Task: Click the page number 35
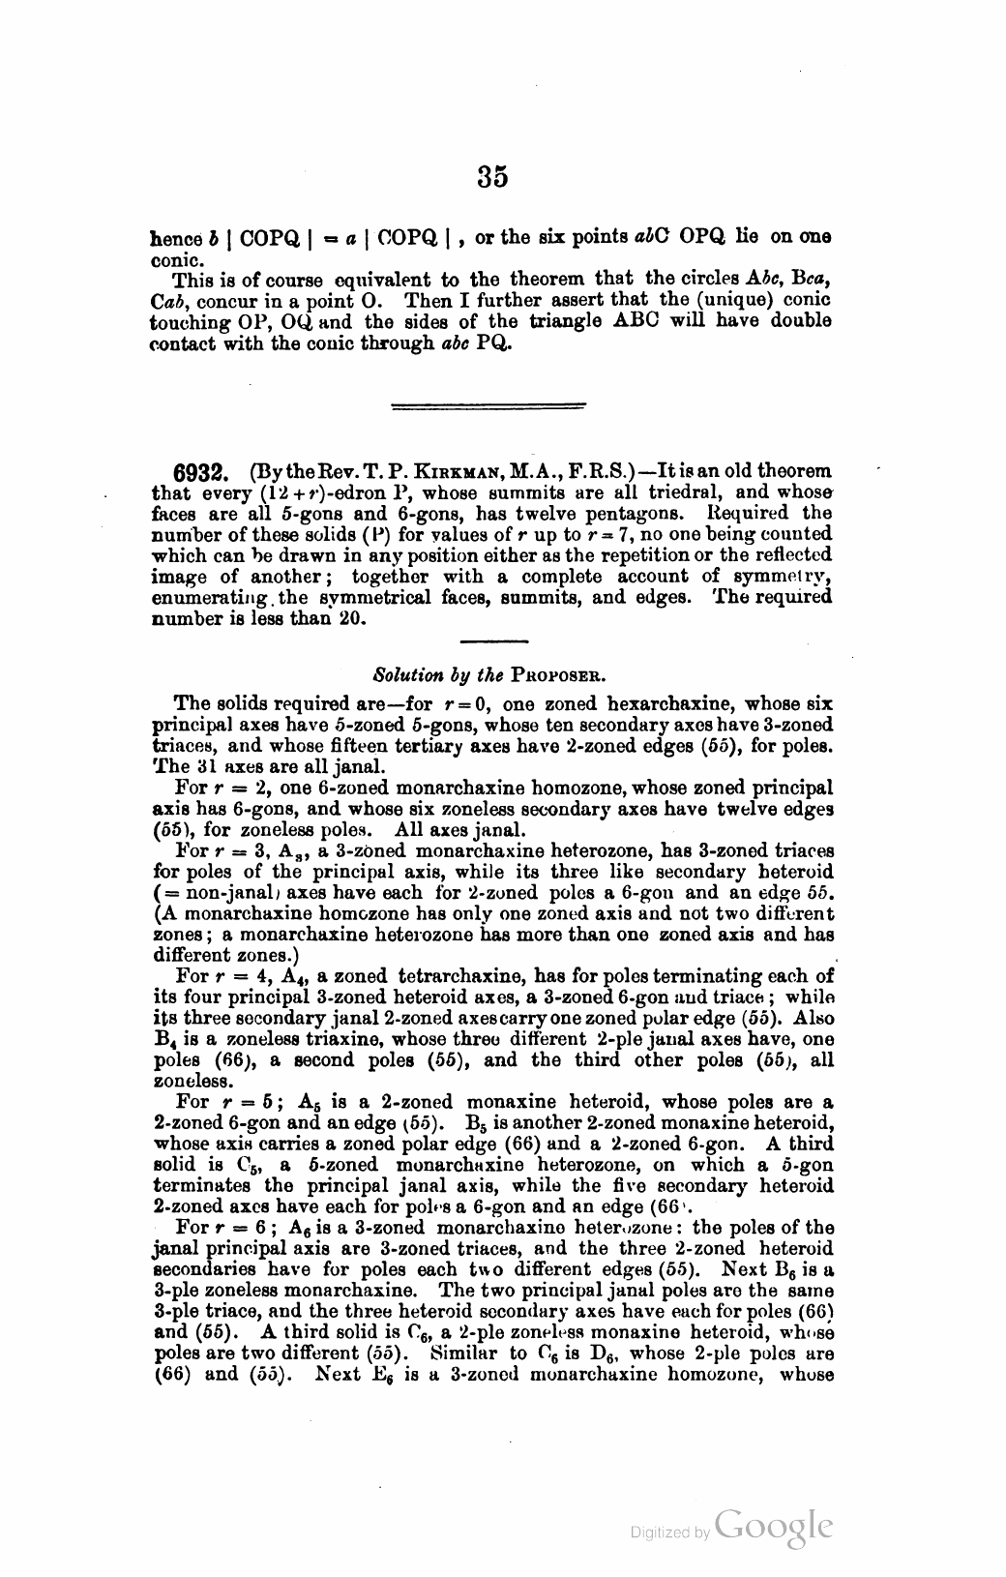click(x=491, y=177)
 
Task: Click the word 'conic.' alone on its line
click(x=175, y=260)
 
